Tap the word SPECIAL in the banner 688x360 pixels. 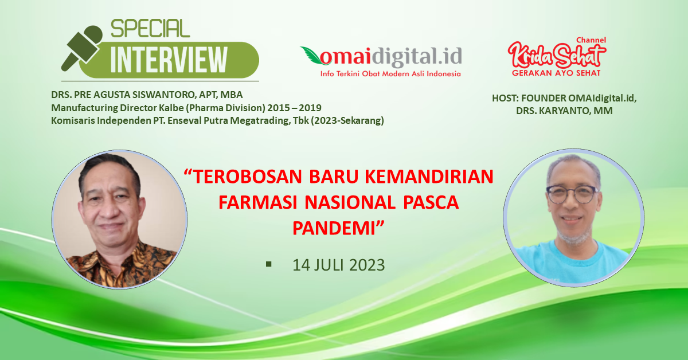[x=150, y=29]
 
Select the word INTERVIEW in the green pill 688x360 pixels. [x=169, y=60]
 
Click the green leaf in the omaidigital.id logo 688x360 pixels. [x=312, y=54]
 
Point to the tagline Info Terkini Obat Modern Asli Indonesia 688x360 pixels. [x=390, y=74]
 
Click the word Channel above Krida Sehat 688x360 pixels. [x=591, y=40]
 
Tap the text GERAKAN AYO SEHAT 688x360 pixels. [x=556, y=73]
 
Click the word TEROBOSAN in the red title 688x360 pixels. [x=243, y=177]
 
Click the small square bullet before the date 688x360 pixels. [x=269, y=264]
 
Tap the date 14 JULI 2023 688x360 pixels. [x=338, y=265]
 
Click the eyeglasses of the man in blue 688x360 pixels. [x=572, y=194]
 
